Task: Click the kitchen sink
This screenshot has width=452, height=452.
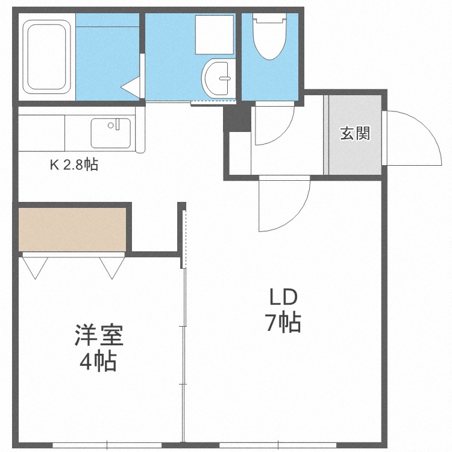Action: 110,133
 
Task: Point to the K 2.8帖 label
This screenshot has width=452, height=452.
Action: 74,165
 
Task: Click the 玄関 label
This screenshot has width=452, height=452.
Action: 354,133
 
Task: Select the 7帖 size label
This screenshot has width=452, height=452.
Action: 284,324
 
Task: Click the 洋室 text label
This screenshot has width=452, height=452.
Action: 99,335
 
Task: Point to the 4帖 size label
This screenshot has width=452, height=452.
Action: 99,362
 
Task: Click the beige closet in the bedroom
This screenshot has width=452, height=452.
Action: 72,229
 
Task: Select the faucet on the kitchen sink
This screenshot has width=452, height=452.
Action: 111,125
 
